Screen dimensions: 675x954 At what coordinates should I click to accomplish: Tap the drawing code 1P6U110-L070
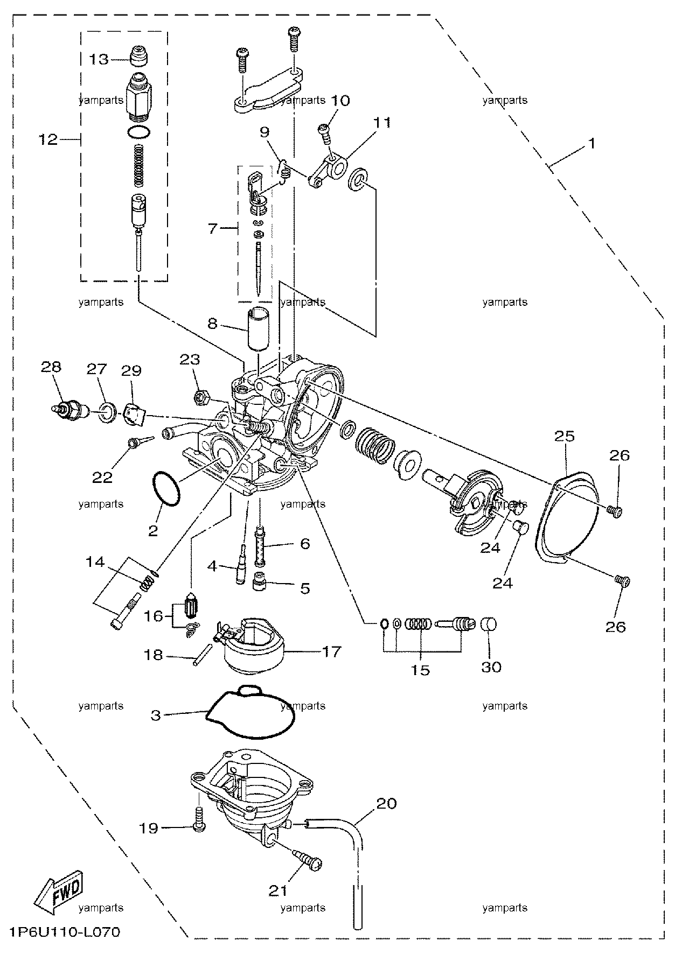pos(64,932)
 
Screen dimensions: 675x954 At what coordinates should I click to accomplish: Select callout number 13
pos(99,59)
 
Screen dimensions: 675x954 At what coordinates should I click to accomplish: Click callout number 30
pos(491,667)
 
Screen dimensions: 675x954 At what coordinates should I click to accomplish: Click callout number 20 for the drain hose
pos(386,804)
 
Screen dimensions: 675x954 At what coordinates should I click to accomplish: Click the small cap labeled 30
pos(488,625)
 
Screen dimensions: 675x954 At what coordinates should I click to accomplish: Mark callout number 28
pos(51,367)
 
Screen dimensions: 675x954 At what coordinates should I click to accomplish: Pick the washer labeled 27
pos(107,412)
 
